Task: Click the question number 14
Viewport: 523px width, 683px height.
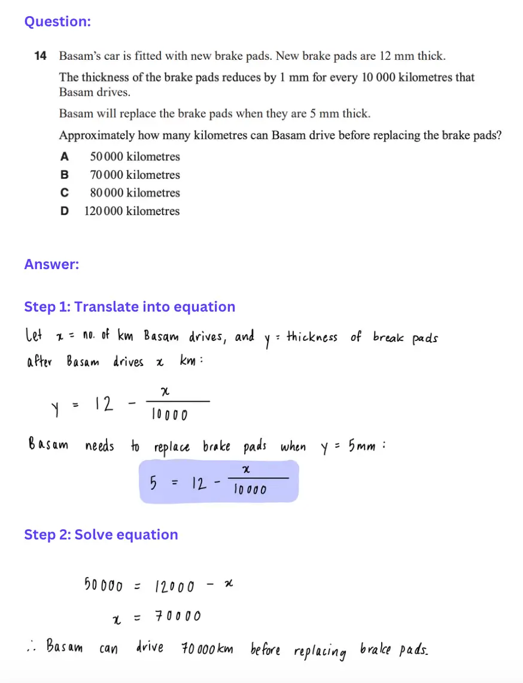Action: click(41, 56)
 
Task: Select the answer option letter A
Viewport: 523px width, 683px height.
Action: click(65, 157)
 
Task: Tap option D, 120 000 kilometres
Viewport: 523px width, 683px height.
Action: click(132, 211)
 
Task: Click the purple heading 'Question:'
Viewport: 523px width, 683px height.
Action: click(57, 22)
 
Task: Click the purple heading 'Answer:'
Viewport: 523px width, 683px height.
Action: click(51, 264)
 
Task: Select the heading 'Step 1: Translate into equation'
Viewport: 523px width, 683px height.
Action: click(129, 307)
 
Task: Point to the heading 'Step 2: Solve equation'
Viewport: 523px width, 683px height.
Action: click(101, 535)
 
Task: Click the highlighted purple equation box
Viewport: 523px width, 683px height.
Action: click(218, 481)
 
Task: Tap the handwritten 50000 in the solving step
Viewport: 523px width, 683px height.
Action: click(104, 586)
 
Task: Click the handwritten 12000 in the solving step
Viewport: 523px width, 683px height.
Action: click(174, 587)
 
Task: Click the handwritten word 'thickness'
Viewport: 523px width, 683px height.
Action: click(311, 337)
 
